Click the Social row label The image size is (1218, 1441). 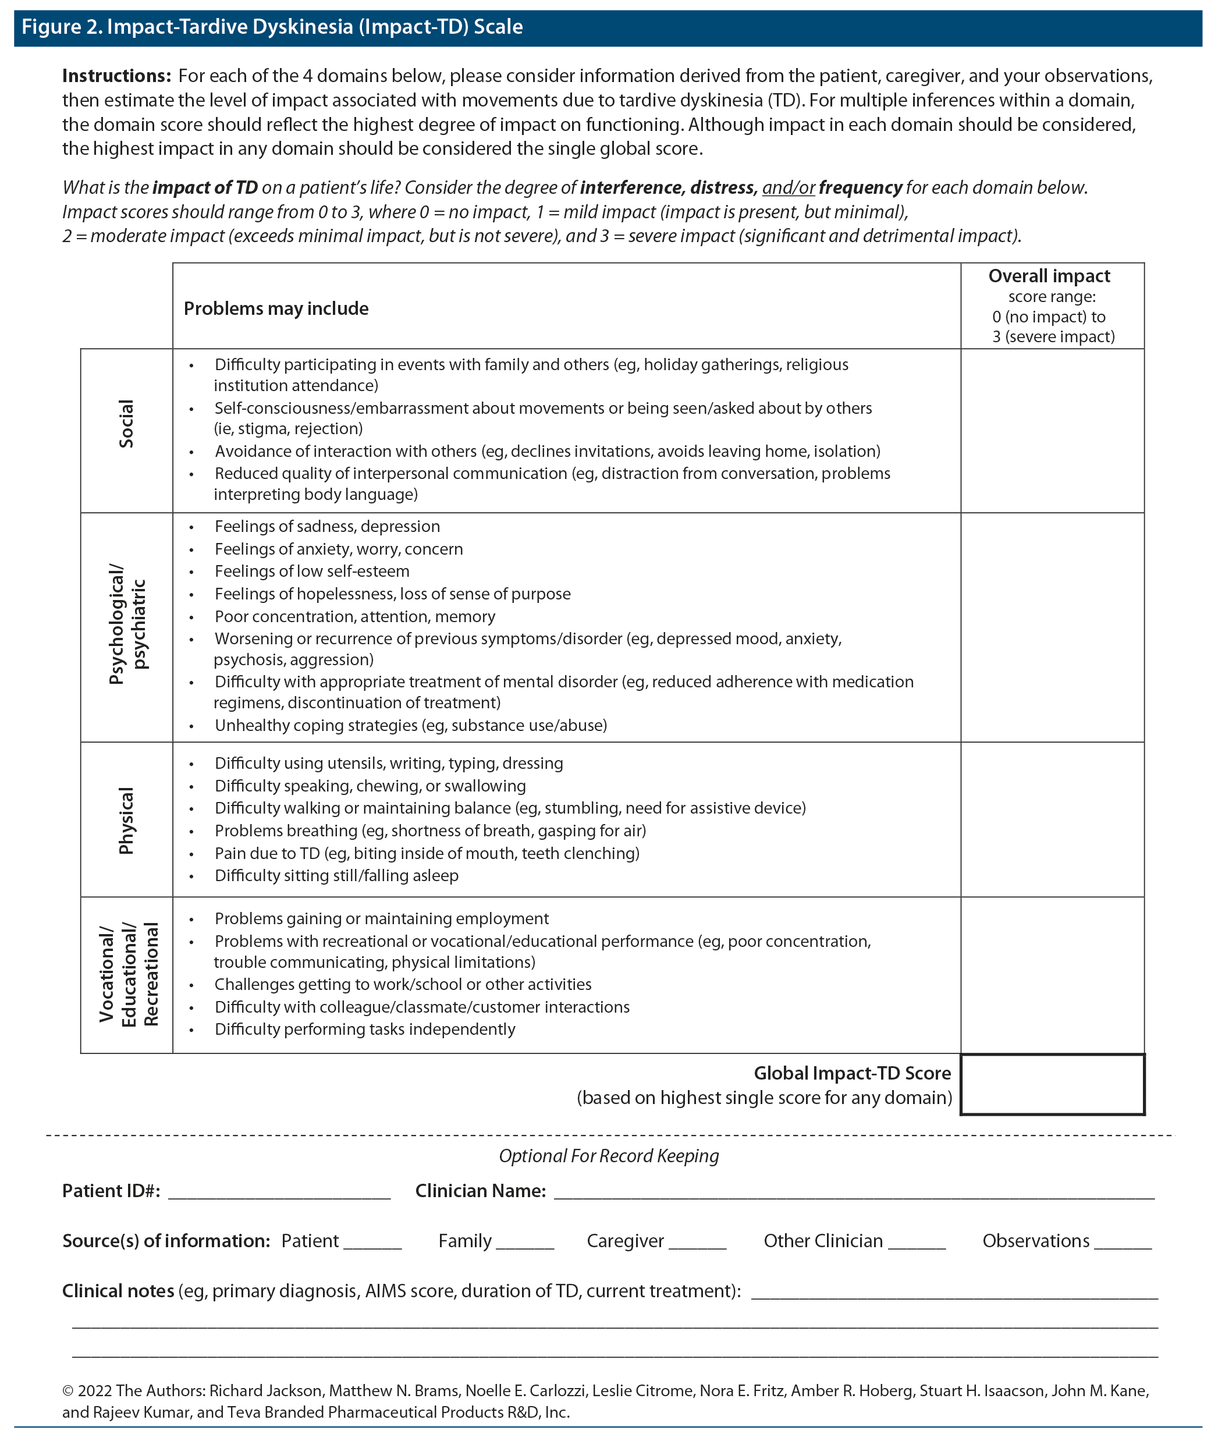pyautogui.click(x=126, y=423)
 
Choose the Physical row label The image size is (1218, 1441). pyautogui.click(x=126, y=820)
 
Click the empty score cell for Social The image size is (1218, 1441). pyautogui.click(x=1052, y=430)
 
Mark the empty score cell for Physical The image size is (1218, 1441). pyautogui.click(x=1052, y=819)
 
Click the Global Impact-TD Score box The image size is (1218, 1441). pyautogui.click(x=1052, y=1084)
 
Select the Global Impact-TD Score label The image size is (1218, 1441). pyautogui.click(x=851, y=1073)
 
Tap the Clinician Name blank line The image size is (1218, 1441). pyautogui.click(x=854, y=1194)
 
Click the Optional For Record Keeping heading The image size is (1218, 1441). pyautogui.click(x=608, y=1156)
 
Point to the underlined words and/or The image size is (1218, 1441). pyautogui.click(x=789, y=188)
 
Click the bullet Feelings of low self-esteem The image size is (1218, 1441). pyautogui.click(x=311, y=571)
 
